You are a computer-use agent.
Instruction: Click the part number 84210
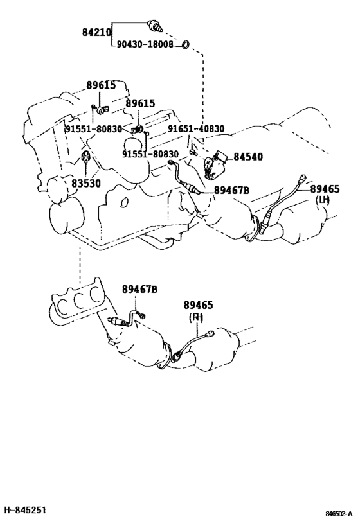[x=96, y=32]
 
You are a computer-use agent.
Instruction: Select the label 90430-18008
[x=145, y=44]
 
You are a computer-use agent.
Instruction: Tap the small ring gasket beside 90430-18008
[x=185, y=44]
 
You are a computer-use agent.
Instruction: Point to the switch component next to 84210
[x=155, y=26]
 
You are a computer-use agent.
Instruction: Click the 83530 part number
[x=86, y=183]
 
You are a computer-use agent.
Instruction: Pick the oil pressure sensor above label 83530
[x=85, y=157]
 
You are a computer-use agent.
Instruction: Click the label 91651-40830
[x=196, y=128]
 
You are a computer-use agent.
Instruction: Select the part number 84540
[x=248, y=157]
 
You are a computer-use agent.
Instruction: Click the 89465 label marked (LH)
[x=325, y=189]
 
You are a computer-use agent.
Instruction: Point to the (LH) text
[x=323, y=200]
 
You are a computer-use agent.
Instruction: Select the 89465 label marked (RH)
[x=198, y=305]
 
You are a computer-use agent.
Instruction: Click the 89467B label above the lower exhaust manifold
[x=139, y=289]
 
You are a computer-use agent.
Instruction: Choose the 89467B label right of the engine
[x=231, y=190]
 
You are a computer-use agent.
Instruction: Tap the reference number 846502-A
[x=339, y=513]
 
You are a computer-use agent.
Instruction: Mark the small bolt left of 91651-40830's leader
[x=192, y=152]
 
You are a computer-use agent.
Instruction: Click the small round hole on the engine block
[x=124, y=202]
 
